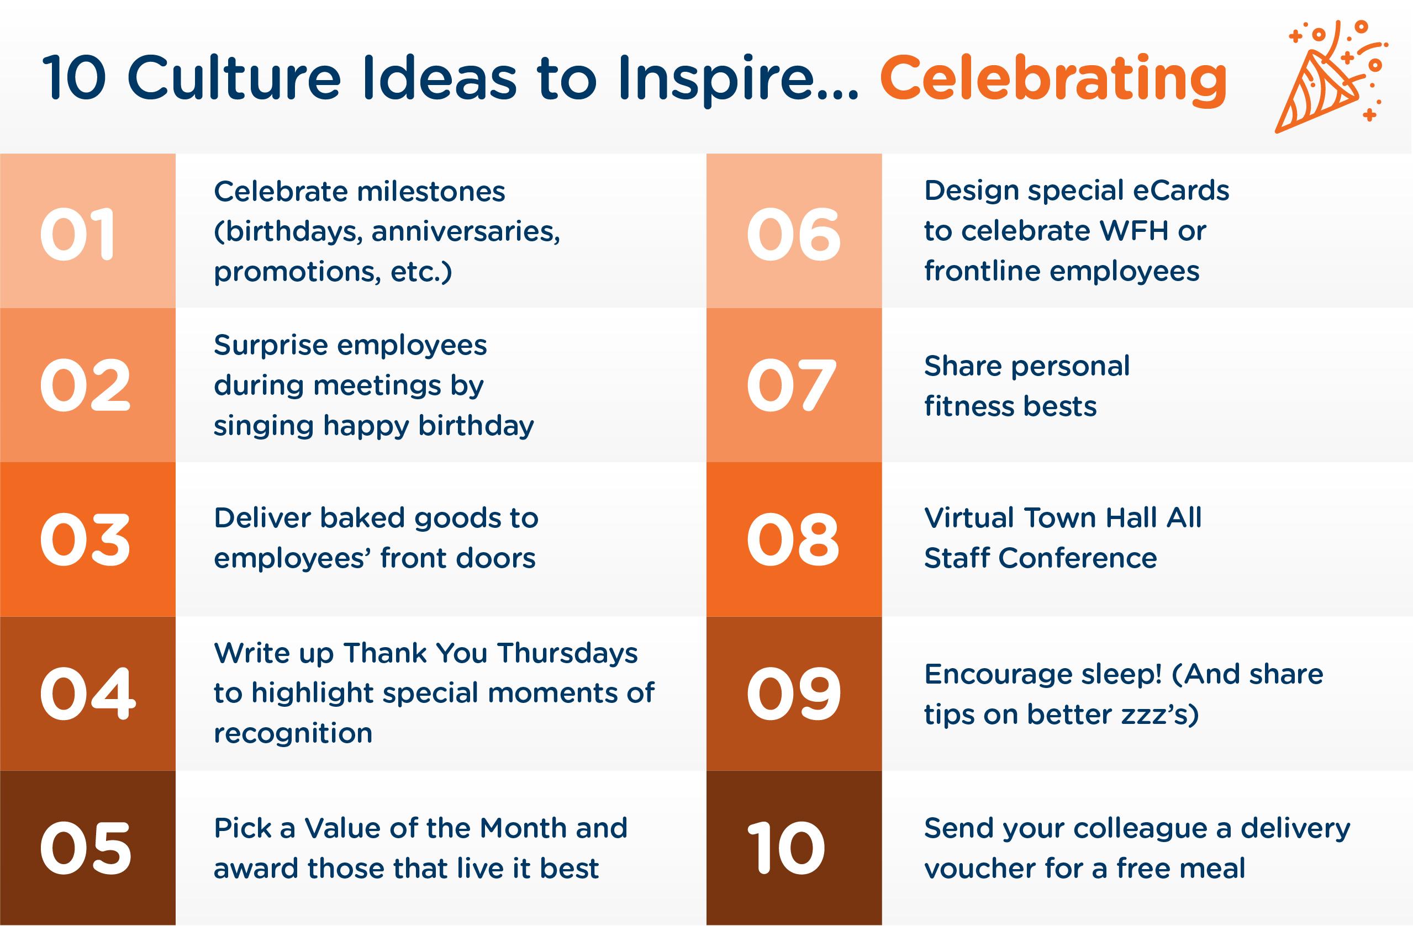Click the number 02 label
85,386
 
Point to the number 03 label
85,540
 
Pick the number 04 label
87,694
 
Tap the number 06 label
793,235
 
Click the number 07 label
791,386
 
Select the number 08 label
793,540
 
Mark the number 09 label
793,694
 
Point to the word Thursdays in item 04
567,653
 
